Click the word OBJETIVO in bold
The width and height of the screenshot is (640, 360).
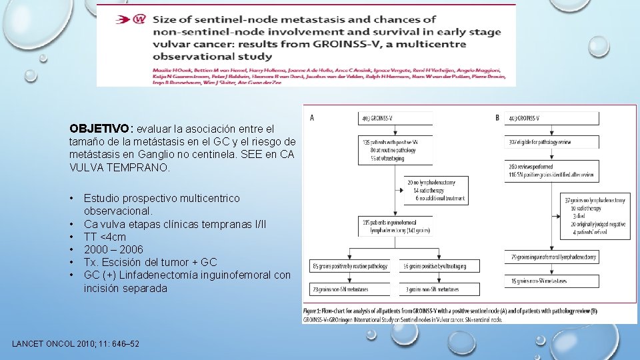coord(100,128)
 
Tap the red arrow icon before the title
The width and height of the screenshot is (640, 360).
coord(120,20)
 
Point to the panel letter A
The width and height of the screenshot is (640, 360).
coord(313,118)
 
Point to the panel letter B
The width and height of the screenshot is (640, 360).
coord(497,118)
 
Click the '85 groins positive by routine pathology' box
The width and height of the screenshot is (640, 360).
coord(351,266)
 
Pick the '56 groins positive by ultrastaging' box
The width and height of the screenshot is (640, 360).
coord(439,266)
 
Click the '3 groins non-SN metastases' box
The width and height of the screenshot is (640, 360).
coord(439,289)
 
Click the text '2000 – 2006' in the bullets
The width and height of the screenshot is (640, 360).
coord(113,249)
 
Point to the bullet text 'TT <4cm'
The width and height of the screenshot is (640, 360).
coord(105,237)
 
